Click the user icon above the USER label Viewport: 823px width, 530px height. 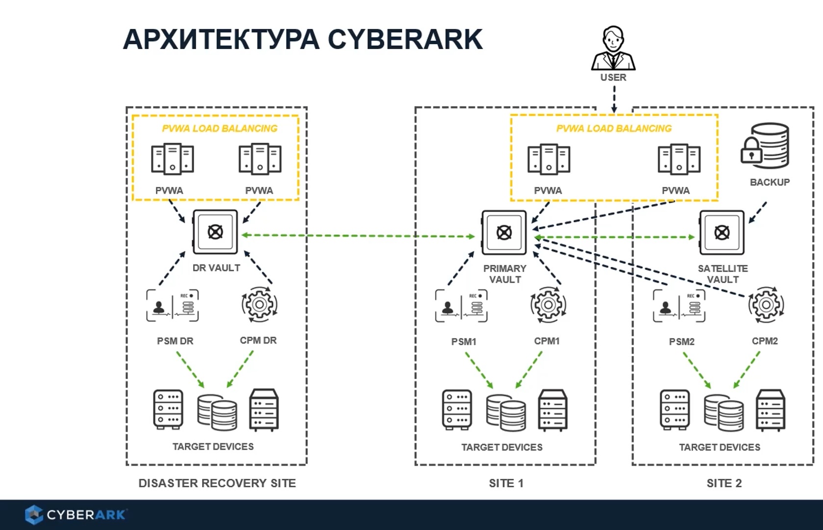(613, 48)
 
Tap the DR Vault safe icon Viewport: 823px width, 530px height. (215, 232)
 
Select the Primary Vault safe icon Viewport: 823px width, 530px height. (504, 232)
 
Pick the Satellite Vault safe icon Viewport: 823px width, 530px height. (721, 232)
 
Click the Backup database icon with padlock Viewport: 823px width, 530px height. (765, 146)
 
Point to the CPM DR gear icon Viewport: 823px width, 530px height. (259, 305)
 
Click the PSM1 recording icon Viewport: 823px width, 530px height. (461, 306)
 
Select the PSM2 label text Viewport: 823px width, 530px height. (682, 342)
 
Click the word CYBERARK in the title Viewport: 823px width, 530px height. (405, 40)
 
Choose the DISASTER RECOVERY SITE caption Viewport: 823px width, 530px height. (217, 483)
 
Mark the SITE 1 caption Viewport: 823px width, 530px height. (506, 483)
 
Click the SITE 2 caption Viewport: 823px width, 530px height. (724, 483)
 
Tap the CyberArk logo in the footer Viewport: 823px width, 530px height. (76, 515)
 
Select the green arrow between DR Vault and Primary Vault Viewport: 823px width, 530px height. (358, 236)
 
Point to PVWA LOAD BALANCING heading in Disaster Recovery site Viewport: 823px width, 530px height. (220, 129)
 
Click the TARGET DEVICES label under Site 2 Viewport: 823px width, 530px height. (720, 447)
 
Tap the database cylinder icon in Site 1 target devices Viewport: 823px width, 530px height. (506, 412)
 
